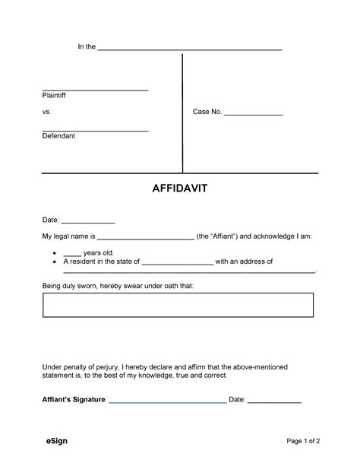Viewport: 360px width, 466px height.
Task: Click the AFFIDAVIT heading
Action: [x=179, y=189]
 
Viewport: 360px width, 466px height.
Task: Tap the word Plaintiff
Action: [x=55, y=96]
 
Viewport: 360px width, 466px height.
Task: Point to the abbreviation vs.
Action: [x=46, y=112]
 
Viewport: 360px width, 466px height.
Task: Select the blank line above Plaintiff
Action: [x=95, y=90]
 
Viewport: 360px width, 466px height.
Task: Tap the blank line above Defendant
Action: [x=95, y=130]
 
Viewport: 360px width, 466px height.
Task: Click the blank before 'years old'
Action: [x=72, y=254]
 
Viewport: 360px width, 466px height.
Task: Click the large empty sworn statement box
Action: [x=178, y=305]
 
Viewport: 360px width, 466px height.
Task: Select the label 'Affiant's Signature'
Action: [x=74, y=399]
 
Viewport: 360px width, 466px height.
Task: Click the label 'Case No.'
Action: [x=207, y=112]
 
